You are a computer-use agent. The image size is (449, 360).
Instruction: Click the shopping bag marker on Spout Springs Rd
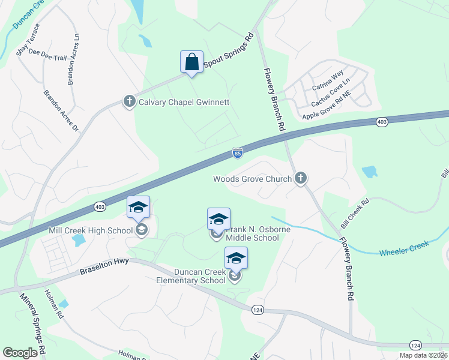point(191,62)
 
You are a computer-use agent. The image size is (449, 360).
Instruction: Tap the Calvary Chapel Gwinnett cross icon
point(128,101)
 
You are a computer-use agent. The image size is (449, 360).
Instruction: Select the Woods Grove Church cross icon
point(301,178)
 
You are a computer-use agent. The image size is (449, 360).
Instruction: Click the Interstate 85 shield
point(238,154)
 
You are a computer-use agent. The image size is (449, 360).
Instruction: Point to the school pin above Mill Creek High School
point(138,208)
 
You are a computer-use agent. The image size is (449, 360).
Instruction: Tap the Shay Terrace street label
point(28,40)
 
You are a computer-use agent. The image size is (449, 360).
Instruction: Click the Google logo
point(20,353)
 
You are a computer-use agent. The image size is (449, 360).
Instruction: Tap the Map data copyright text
point(423,355)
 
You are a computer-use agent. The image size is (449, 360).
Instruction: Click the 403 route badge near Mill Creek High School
point(100,206)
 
